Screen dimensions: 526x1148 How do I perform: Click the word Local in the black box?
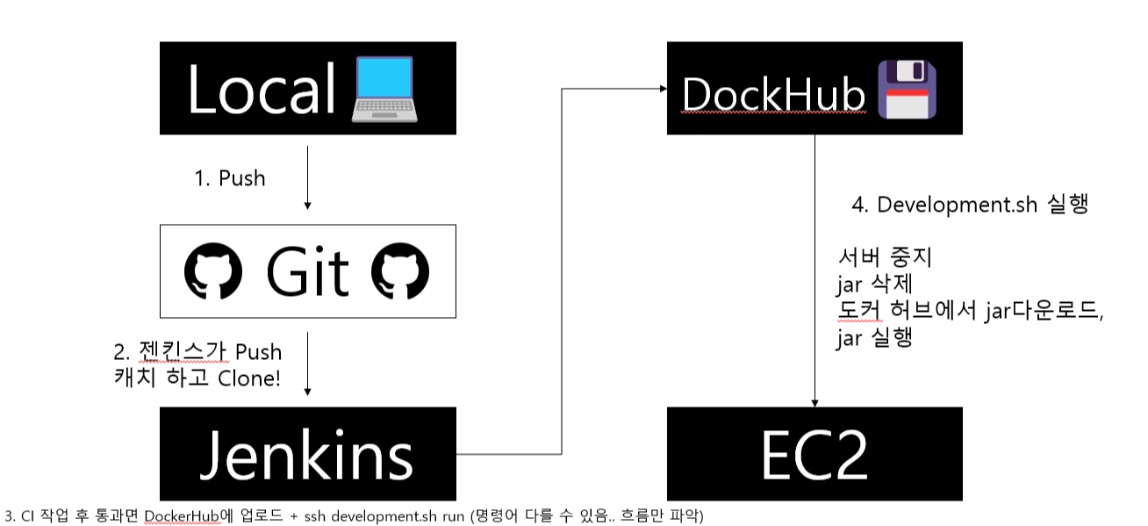coord(262,88)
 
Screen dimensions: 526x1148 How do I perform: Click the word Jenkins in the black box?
coord(306,454)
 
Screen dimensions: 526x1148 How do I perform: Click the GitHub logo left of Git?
coord(213,271)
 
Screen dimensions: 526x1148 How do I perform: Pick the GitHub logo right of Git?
coord(401,271)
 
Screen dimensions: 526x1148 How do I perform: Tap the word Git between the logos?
coord(307,271)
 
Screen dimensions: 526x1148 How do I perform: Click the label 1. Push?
coord(229,178)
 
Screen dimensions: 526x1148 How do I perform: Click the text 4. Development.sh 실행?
coord(970,205)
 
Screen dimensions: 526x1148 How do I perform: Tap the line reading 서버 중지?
coord(885,260)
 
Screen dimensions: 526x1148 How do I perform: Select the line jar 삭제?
coord(874,285)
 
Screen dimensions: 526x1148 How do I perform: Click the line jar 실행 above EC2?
coord(874,338)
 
